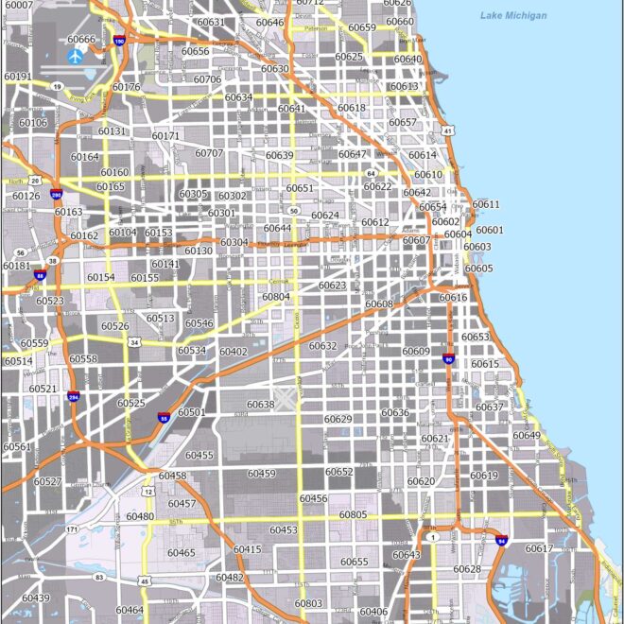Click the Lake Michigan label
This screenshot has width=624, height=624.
(x=512, y=16)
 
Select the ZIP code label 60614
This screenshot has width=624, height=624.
(x=422, y=155)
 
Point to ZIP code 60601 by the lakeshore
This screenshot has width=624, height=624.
(x=490, y=230)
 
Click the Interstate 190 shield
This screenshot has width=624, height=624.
(x=118, y=41)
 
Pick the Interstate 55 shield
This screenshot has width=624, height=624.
(x=164, y=416)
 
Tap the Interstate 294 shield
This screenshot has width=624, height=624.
(x=73, y=397)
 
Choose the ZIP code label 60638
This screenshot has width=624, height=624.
(x=260, y=405)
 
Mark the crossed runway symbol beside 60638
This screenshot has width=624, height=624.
(x=285, y=398)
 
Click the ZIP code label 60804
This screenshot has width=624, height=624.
(x=276, y=297)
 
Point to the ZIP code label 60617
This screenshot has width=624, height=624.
(x=539, y=548)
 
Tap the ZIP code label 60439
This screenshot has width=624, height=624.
(x=36, y=598)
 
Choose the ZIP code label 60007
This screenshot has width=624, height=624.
(x=18, y=6)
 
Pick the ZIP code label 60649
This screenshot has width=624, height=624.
(x=527, y=436)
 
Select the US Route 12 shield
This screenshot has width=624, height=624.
(x=148, y=492)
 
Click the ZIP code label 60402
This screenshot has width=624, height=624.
(x=233, y=352)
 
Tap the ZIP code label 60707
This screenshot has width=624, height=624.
(x=209, y=153)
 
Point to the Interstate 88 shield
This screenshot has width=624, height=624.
(x=40, y=276)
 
